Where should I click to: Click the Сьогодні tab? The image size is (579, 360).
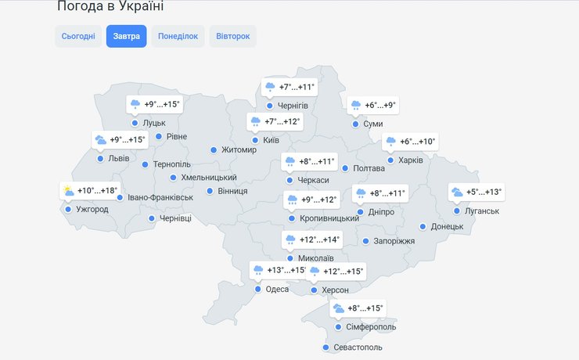click(78, 37)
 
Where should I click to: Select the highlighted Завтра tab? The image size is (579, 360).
click(126, 37)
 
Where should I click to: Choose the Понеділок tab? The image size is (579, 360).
click(178, 37)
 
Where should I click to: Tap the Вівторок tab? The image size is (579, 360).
click(232, 37)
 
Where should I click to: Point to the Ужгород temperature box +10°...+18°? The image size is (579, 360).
click(90, 191)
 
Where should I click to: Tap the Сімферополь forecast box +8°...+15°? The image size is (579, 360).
click(358, 308)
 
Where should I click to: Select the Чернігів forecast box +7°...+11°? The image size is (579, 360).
click(289, 87)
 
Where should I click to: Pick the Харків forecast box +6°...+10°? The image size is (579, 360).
click(411, 142)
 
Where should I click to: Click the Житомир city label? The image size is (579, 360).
click(239, 149)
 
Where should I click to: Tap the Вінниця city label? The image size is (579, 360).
click(232, 191)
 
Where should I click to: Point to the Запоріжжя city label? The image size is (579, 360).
click(394, 241)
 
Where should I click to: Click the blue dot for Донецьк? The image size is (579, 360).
click(423, 226)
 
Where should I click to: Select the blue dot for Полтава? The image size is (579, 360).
click(345, 168)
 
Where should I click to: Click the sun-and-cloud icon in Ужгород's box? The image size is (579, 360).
click(69, 191)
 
